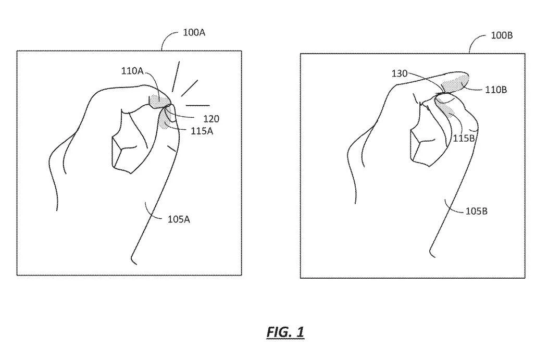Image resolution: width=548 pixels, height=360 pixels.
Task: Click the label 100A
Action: click(x=194, y=33)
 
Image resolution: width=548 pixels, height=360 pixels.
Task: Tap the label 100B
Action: click(x=502, y=35)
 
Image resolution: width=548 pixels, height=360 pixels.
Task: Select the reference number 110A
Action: click(x=132, y=71)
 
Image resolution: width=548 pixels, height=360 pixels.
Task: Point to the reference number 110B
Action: click(x=496, y=90)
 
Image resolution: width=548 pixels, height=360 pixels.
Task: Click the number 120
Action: click(x=211, y=119)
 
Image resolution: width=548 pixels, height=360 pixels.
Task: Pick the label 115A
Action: click(x=202, y=131)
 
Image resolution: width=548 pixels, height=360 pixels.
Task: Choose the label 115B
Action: click(x=464, y=139)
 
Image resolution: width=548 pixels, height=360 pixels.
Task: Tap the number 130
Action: click(x=400, y=74)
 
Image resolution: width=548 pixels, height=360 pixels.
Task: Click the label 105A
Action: click(x=179, y=219)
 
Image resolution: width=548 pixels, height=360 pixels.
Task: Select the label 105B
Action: click(x=476, y=212)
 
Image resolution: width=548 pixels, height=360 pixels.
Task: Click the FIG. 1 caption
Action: click(x=285, y=332)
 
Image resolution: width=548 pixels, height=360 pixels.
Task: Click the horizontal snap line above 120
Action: click(x=198, y=105)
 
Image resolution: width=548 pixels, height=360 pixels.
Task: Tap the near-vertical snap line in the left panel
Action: click(x=176, y=77)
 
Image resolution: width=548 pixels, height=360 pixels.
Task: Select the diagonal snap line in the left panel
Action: click(x=190, y=88)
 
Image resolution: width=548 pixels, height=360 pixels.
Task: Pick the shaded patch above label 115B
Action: click(x=449, y=109)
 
